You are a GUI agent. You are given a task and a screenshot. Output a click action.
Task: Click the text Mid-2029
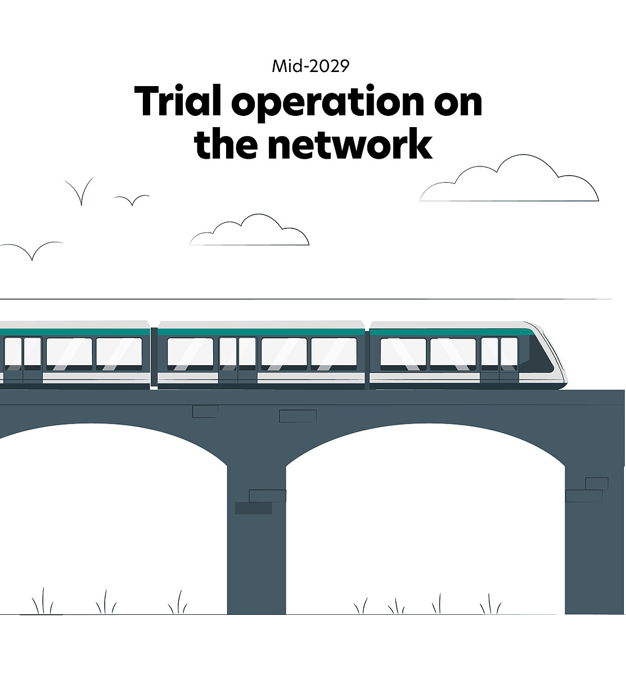point(310,66)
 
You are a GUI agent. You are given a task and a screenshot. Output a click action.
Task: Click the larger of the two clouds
point(509,181)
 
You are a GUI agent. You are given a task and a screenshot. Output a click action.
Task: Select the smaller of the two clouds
point(250,231)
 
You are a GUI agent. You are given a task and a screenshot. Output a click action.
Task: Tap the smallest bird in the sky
point(132,199)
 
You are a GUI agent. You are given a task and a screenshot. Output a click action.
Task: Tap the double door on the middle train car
point(237,360)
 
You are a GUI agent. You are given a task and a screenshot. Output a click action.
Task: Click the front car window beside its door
point(453,353)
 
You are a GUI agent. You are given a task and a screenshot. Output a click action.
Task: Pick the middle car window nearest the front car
point(334,353)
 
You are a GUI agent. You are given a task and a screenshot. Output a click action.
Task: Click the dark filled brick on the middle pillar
point(253,508)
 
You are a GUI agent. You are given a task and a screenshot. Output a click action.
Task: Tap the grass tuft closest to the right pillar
point(489,605)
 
